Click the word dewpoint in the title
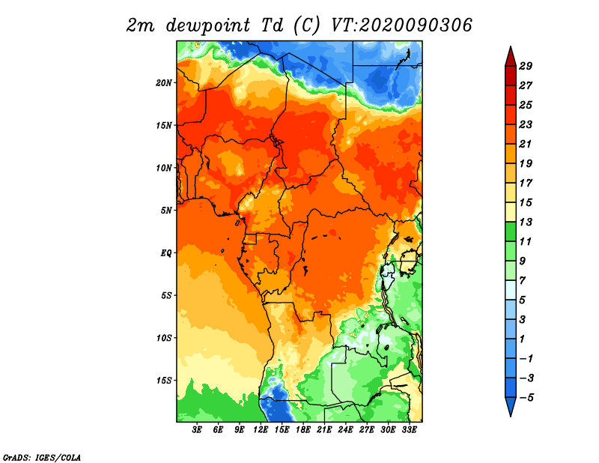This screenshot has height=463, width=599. point(208,26)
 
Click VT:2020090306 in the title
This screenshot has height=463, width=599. point(401,25)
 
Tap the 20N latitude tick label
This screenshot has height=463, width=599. point(164,83)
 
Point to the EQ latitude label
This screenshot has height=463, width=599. point(166,253)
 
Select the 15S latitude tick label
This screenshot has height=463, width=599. point(164,381)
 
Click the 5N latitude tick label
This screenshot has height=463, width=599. point(166,211)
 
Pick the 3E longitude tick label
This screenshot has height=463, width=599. point(197,430)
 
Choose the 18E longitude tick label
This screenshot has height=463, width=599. point(303,430)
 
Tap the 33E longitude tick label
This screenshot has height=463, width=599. point(409,430)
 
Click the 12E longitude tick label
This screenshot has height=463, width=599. point(261,430)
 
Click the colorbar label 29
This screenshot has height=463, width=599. point(526,66)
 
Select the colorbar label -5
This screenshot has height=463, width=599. point(526,398)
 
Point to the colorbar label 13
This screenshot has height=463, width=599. point(526,222)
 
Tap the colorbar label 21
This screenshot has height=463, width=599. point(526,144)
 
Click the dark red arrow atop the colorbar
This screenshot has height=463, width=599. point(511,57)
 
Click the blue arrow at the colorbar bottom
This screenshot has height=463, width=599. point(511,406)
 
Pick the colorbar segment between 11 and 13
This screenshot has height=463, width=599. point(511,231)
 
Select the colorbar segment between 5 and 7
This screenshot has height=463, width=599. point(511,290)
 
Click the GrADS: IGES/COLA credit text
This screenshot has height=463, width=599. point(42,457)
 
